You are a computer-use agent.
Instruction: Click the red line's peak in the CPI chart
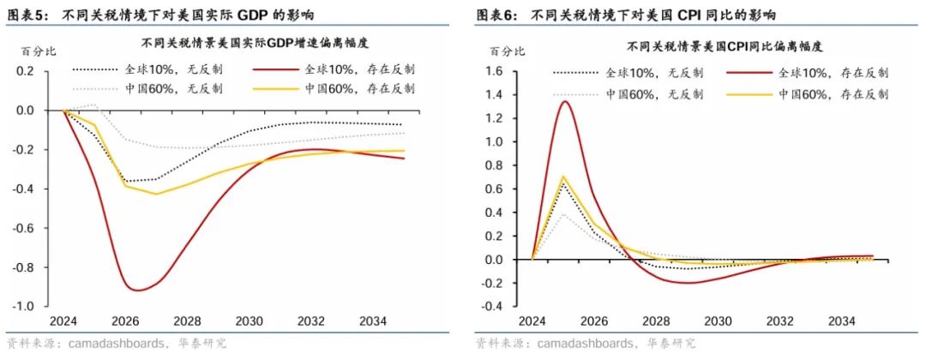(x=563, y=101)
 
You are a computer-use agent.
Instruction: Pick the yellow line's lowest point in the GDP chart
(x=157, y=194)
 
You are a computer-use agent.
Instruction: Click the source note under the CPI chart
(x=584, y=344)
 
